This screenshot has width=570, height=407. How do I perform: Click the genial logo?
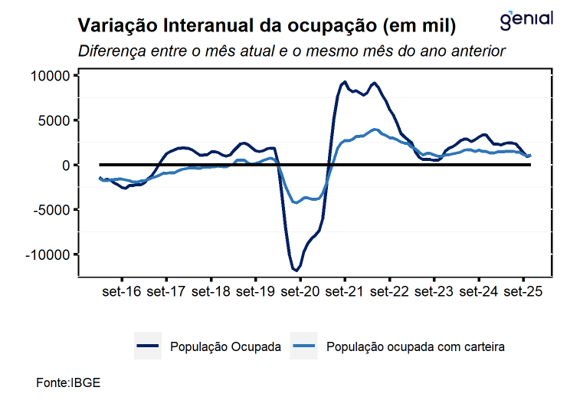click(x=526, y=20)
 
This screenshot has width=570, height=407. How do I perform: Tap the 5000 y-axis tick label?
click(x=54, y=120)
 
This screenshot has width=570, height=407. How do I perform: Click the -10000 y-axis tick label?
click(x=48, y=254)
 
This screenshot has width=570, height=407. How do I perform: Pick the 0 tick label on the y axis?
click(x=66, y=165)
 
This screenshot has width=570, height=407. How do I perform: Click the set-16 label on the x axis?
click(x=122, y=292)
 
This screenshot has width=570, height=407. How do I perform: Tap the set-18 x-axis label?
click(x=211, y=292)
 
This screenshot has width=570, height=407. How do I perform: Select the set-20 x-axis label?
click(x=300, y=292)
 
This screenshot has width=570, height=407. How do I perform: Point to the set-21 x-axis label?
click(x=346, y=292)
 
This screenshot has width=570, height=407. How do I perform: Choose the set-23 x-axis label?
click(x=434, y=292)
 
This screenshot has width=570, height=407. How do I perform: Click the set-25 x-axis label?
click(x=523, y=292)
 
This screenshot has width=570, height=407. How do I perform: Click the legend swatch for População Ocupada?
click(x=147, y=346)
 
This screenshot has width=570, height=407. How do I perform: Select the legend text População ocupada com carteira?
click(x=415, y=347)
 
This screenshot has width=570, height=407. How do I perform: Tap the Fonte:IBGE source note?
click(x=68, y=382)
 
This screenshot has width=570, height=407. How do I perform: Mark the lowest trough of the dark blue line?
click(x=296, y=270)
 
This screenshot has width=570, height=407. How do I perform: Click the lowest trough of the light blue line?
click(x=296, y=202)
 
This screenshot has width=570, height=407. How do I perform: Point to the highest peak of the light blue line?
click(x=374, y=130)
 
